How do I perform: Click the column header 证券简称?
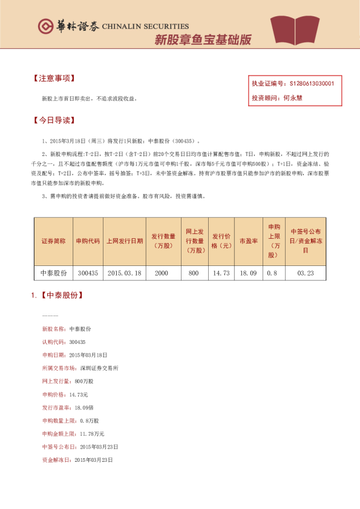click(x=53, y=240)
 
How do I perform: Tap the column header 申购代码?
click(x=88, y=240)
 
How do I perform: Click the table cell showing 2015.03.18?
click(x=124, y=273)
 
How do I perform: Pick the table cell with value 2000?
click(x=161, y=273)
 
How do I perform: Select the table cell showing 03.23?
click(x=305, y=273)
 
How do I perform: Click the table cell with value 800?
click(x=194, y=273)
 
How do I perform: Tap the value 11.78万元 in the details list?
click(x=91, y=433)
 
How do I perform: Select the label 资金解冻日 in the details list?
click(x=55, y=460)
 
